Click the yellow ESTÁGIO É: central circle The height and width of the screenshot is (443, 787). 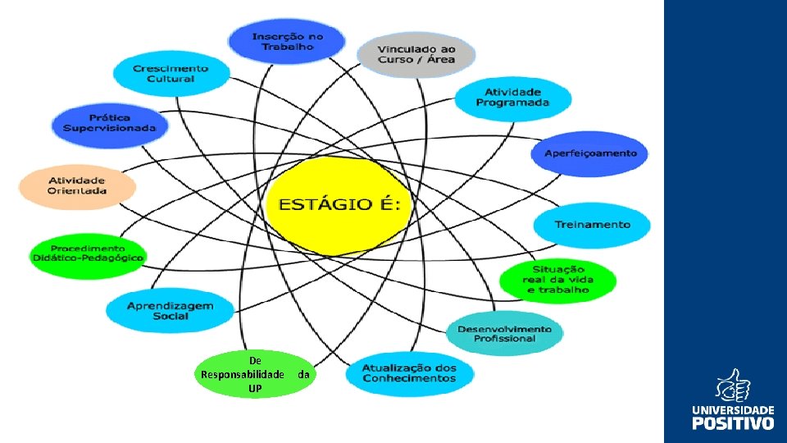[339, 205]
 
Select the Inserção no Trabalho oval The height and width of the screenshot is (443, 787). [287, 41]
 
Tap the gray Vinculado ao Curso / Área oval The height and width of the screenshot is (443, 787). [416, 55]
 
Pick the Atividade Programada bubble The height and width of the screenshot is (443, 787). [513, 98]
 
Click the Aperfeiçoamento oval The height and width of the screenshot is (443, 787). [590, 153]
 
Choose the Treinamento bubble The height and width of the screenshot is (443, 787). [592, 225]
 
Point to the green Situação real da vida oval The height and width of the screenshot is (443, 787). [557, 281]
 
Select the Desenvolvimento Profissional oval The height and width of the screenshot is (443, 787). [504, 333]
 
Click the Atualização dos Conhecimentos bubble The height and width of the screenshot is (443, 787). [410, 374]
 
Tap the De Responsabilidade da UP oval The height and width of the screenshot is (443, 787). [255, 374]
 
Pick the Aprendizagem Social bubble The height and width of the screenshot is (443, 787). [171, 310]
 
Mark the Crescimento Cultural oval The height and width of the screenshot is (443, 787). [171, 74]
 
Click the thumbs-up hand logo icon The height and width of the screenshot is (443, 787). [733, 386]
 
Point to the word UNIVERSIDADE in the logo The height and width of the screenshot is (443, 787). [733, 409]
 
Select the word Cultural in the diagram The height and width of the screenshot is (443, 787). [171, 79]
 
